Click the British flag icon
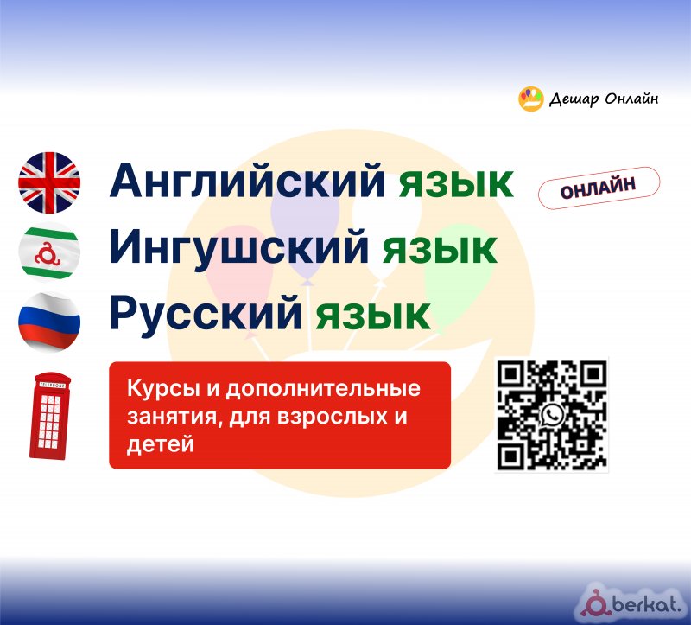tap(49, 182)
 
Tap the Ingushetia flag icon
tap(49, 252)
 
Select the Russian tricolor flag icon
tap(49, 322)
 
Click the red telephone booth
tap(50, 416)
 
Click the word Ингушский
tap(239, 248)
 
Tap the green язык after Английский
tap(456, 183)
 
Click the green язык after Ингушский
tap(440, 250)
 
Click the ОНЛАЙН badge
tap(599, 188)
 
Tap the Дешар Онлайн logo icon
tap(531, 99)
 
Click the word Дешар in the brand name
tap(574, 99)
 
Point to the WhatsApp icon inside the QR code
tap(552, 415)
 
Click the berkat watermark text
tap(646, 603)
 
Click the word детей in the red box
tap(161, 444)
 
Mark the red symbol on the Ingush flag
tap(48, 254)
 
